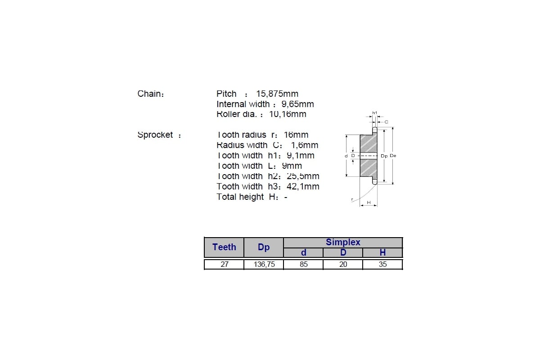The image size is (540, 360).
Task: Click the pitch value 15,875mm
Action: tap(277, 94)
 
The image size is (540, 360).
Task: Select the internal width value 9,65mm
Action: tap(297, 104)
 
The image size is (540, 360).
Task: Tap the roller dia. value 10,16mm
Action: tap(288, 114)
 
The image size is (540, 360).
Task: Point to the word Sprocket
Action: tap(155, 135)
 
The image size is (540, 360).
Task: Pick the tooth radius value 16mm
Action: tap(296, 135)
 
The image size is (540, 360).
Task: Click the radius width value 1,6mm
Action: tap(305, 145)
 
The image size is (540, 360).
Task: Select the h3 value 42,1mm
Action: tap(303, 186)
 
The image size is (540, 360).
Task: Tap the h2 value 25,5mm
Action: tap(303, 176)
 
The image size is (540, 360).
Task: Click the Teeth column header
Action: tap(224, 247)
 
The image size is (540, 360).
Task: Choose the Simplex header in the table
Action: tap(343, 242)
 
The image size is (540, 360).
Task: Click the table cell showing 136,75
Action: tap(264, 264)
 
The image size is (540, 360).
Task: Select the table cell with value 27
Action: tap(225, 264)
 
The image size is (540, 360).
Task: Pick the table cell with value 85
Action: tap(303, 264)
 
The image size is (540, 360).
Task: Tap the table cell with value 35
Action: tap(382, 264)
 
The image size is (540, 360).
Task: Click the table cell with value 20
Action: tap(343, 264)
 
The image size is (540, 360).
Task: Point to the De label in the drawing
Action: tap(393, 156)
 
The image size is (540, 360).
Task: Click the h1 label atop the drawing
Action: tap(374, 112)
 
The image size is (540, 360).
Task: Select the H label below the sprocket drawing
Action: tap(369, 202)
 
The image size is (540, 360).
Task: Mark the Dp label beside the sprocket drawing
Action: tap(384, 156)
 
